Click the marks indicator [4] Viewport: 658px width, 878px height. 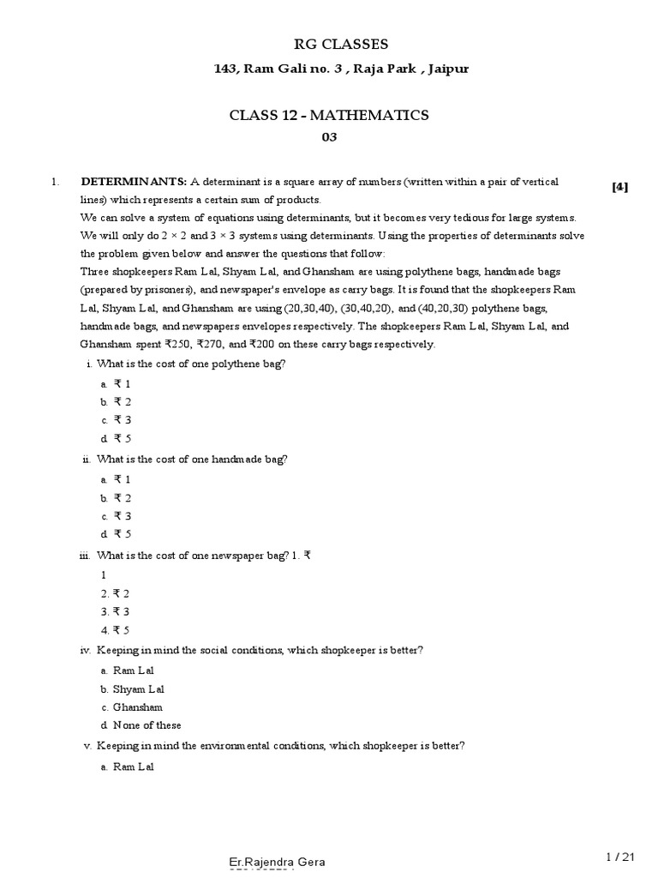click(619, 187)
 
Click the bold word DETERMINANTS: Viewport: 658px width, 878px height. click(134, 182)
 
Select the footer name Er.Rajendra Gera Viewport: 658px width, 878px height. click(277, 861)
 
